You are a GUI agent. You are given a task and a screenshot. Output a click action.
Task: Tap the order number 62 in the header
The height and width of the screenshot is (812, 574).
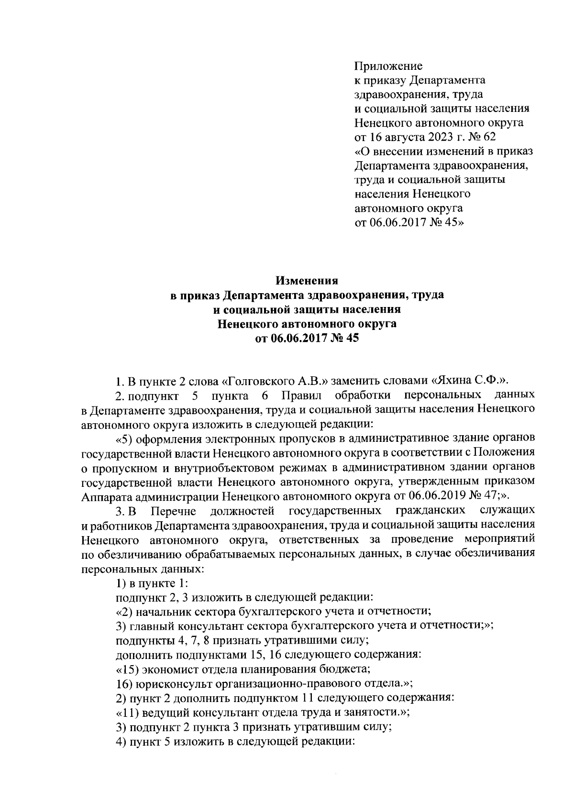[x=488, y=137]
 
